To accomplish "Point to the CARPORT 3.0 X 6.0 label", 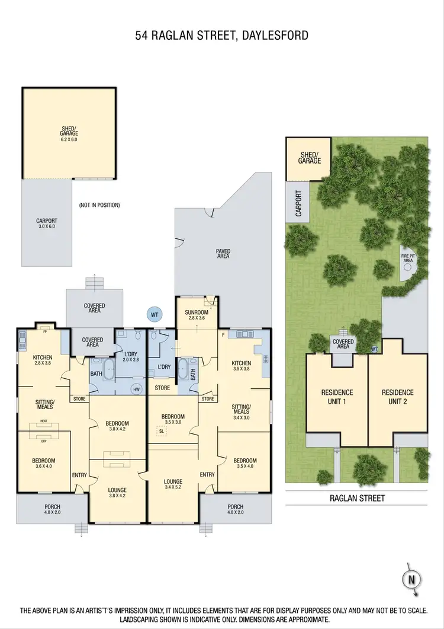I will [x=46, y=223].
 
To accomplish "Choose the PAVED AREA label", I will [x=223, y=254].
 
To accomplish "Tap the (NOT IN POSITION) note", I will [x=99, y=205].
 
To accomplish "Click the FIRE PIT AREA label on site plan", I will [x=408, y=257].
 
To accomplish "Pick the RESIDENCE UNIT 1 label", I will [x=337, y=396].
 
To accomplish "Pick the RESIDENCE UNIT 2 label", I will [x=398, y=396].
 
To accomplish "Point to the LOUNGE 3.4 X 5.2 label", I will [x=173, y=485].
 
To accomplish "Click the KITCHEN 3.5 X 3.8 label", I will [x=241, y=366].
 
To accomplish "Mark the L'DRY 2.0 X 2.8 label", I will [x=131, y=357].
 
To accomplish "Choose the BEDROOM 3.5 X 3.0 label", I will [x=173, y=419].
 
